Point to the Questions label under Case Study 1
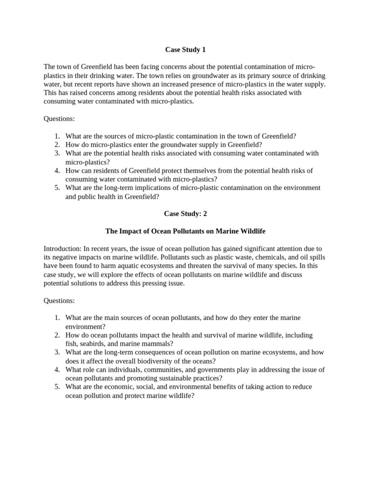(x=59, y=119)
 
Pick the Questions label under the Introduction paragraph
(x=59, y=301)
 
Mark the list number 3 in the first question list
(x=57, y=153)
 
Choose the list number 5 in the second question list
(x=57, y=387)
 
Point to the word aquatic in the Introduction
(x=138, y=266)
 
